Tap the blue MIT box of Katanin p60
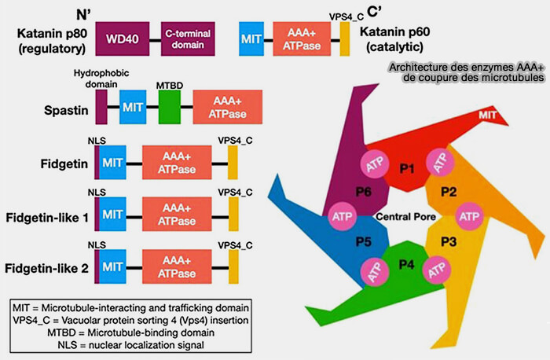pyautogui.click(x=251, y=38)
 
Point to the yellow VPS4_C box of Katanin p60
pyautogui.click(x=345, y=38)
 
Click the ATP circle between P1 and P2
pyautogui.click(x=438, y=163)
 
